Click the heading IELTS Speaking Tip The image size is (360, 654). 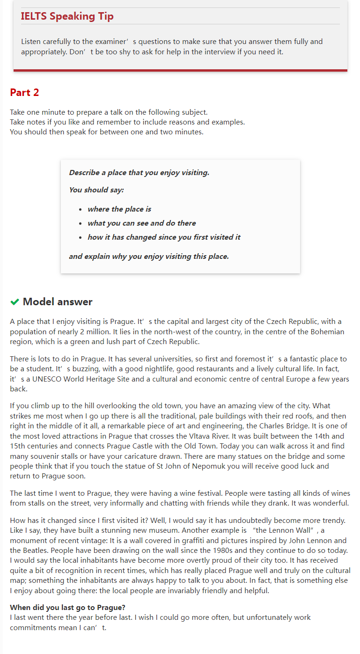click(67, 16)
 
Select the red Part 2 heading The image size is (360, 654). click(24, 92)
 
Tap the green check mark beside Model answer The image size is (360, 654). click(15, 302)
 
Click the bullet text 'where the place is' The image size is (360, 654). click(119, 209)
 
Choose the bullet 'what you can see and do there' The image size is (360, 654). click(141, 223)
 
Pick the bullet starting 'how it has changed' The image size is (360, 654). click(164, 237)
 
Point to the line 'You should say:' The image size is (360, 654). click(96, 190)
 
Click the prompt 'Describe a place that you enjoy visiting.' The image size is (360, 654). click(139, 173)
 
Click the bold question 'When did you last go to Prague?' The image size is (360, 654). click(67, 608)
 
